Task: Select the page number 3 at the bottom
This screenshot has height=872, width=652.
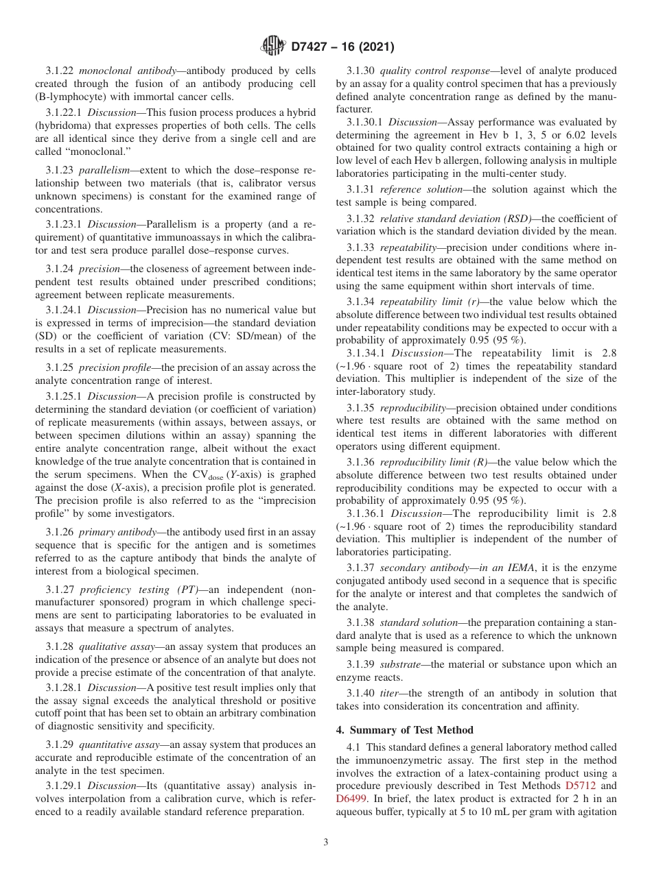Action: [x=326, y=843]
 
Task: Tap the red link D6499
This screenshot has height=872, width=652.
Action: [x=350, y=799]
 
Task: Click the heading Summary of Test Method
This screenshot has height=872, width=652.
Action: [x=411, y=729]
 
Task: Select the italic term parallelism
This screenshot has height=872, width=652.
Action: [x=104, y=171]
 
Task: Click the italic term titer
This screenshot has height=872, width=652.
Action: [x=390, y=693]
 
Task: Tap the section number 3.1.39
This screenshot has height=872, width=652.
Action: [x=360, y=664]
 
